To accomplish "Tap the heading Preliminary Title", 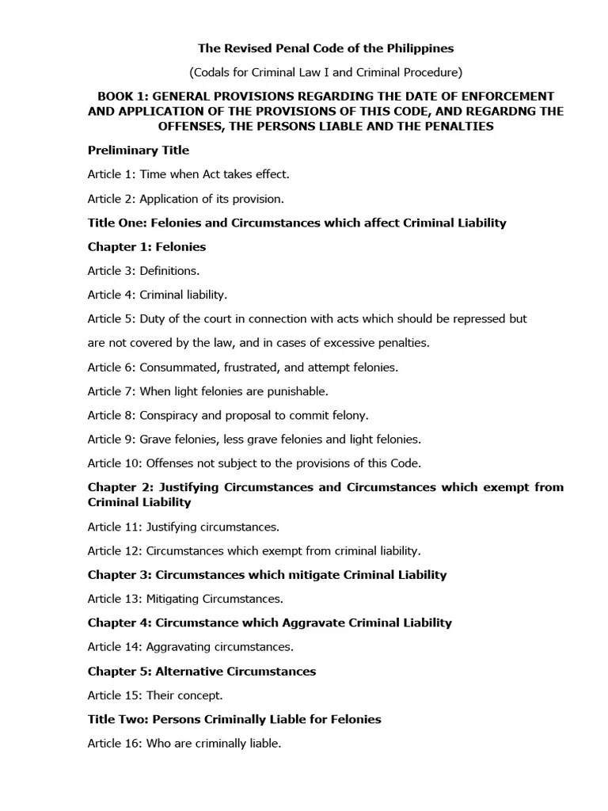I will point(139,150).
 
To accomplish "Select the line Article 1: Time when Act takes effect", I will point(188,173).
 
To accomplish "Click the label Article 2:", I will point(112,198).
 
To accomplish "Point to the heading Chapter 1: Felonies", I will point(146,246).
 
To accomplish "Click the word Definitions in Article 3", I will point(169,271).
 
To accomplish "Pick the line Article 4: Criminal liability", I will point(158,295).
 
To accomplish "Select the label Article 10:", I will point(115,463).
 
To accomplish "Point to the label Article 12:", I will point(115,550).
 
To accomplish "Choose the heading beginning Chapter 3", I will point(267,574).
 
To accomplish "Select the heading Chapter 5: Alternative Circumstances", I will point(202,671).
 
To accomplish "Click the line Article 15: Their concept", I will point(155,695).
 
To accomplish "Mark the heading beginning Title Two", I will point(234,719).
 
